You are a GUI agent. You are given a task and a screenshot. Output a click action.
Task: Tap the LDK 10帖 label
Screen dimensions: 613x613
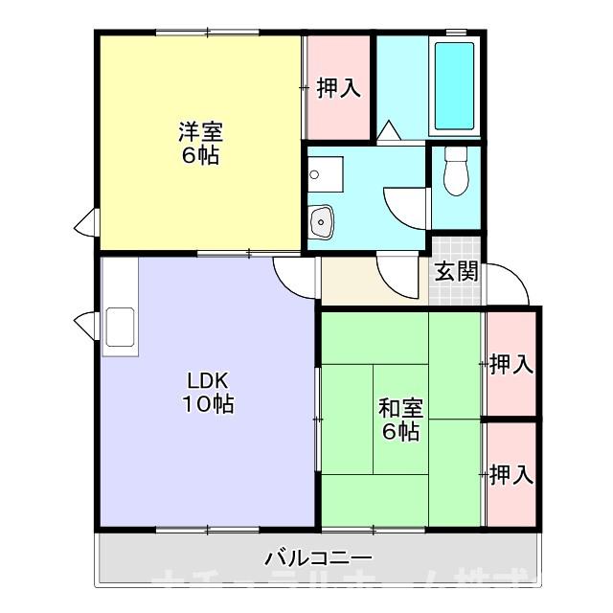coord(209,391)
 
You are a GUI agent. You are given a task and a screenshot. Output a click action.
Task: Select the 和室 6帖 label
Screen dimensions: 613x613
coord(399,419)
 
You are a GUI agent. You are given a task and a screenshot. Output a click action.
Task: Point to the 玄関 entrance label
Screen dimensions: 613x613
coord(456,271)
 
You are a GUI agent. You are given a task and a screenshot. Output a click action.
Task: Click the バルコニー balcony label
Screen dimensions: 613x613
coord(318,557)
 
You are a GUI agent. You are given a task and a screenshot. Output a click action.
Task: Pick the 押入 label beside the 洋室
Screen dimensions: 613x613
coord(338,88)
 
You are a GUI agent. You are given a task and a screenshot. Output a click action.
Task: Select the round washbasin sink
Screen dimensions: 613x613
coord(322,219)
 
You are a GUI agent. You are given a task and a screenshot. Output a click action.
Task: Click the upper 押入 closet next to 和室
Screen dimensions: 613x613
coord(511,364)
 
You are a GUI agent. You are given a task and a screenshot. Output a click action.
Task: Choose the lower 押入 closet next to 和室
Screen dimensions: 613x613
coord(511,473)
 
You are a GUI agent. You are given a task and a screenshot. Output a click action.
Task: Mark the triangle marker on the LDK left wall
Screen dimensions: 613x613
coord(85,325)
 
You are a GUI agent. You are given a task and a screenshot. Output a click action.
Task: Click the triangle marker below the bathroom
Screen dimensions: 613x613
coord(389,131)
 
